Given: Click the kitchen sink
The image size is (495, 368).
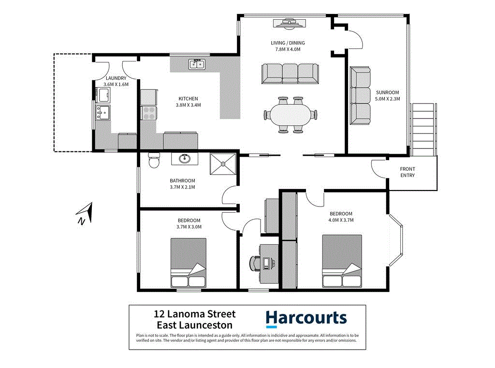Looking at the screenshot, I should [x=197, y=64].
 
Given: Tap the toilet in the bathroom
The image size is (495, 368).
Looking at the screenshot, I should [x=154, y=160].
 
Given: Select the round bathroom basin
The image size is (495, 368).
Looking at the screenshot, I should [x=185, y=159].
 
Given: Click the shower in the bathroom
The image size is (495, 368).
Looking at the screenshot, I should [x=223, y=164].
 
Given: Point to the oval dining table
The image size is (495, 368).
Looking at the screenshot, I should [x=291, y=115].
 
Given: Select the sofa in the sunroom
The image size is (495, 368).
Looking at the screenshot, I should [x=360, y=96].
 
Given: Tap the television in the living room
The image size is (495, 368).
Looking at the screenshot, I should [x=289, y=23].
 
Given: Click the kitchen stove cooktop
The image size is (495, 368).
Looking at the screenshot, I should [x=149, y=114].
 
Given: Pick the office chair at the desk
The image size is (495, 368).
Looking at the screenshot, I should [x=255, y=264].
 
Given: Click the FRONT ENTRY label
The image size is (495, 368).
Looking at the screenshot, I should [x=408, y=172].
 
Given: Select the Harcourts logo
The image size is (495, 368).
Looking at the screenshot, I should [x=306, y=318].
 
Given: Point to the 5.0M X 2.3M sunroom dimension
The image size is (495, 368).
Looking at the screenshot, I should [x=388, y=100].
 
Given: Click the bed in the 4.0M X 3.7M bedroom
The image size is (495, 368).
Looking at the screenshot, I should [x=342, y=261].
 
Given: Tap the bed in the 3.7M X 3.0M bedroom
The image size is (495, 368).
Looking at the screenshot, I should [x=189, y=264].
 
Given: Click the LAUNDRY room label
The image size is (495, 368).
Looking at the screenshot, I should [x=116, y=78].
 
